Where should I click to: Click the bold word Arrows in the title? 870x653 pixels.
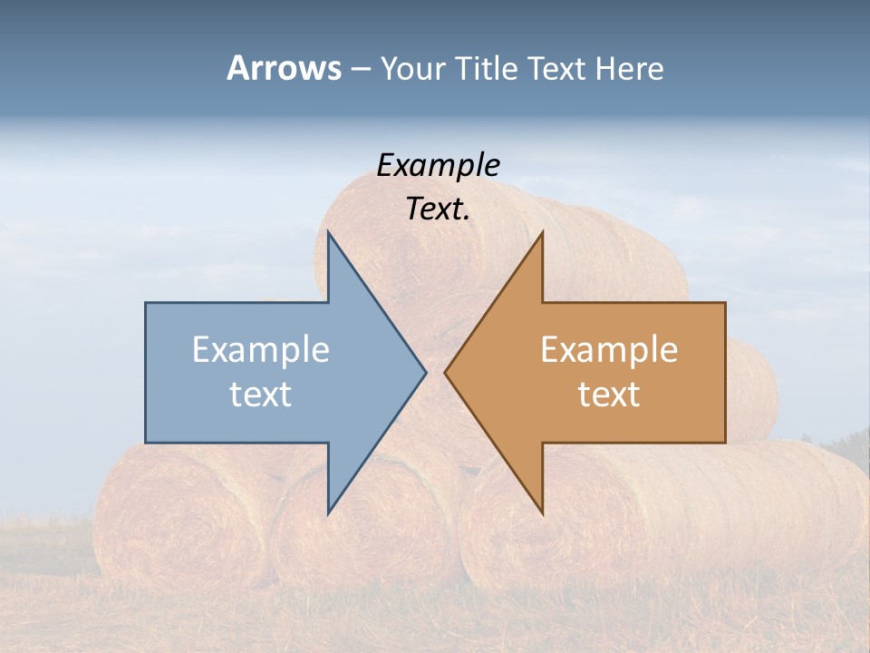[284, 69]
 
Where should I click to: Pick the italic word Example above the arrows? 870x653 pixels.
[438, 165]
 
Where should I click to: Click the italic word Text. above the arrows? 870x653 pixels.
[438, 209]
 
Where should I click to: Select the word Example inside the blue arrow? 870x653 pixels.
[261, 350]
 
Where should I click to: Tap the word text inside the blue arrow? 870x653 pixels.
[261, 394]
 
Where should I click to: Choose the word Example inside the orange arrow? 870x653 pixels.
[609, 350]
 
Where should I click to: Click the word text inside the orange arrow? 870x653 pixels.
[609, 394]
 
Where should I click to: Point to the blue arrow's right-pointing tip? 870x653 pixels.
[425, 372]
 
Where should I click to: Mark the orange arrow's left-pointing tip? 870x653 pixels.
[445, 372]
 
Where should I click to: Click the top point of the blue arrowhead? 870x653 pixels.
[328, 232]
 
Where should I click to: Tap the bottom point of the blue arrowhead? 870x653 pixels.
[328, 513]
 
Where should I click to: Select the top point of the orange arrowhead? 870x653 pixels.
[542, 232]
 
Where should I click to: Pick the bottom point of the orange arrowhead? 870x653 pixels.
[542, 513]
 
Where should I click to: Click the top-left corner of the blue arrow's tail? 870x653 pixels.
[146, 303]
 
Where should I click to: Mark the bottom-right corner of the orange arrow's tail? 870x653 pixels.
[725, 442]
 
